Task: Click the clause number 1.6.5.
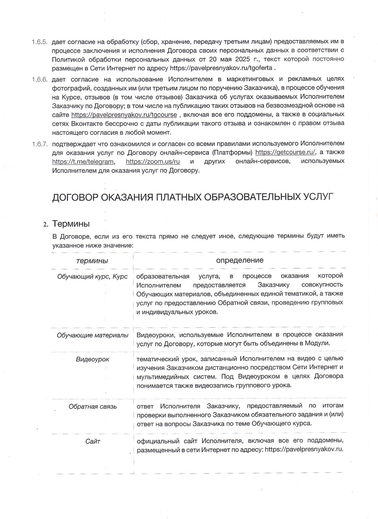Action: pos(40,42)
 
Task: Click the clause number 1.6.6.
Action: pos(40,79)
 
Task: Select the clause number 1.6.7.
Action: pos(40,144)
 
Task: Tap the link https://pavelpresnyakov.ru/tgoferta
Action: pos(221,68)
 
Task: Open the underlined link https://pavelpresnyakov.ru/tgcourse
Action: pos(124,114)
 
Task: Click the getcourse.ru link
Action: pos(285,153)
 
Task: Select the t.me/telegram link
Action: pos(83,162)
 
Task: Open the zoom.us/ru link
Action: pos(153,162)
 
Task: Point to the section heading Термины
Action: pos(71,224)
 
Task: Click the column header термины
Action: pos(92,261)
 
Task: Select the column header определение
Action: pos(240,260)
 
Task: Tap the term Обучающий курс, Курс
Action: pos(92,276)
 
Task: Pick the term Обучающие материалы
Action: pos(93,335)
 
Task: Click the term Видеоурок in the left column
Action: pos(93,359)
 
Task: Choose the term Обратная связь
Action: pos(93,407)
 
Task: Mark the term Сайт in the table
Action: pos(93,442)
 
